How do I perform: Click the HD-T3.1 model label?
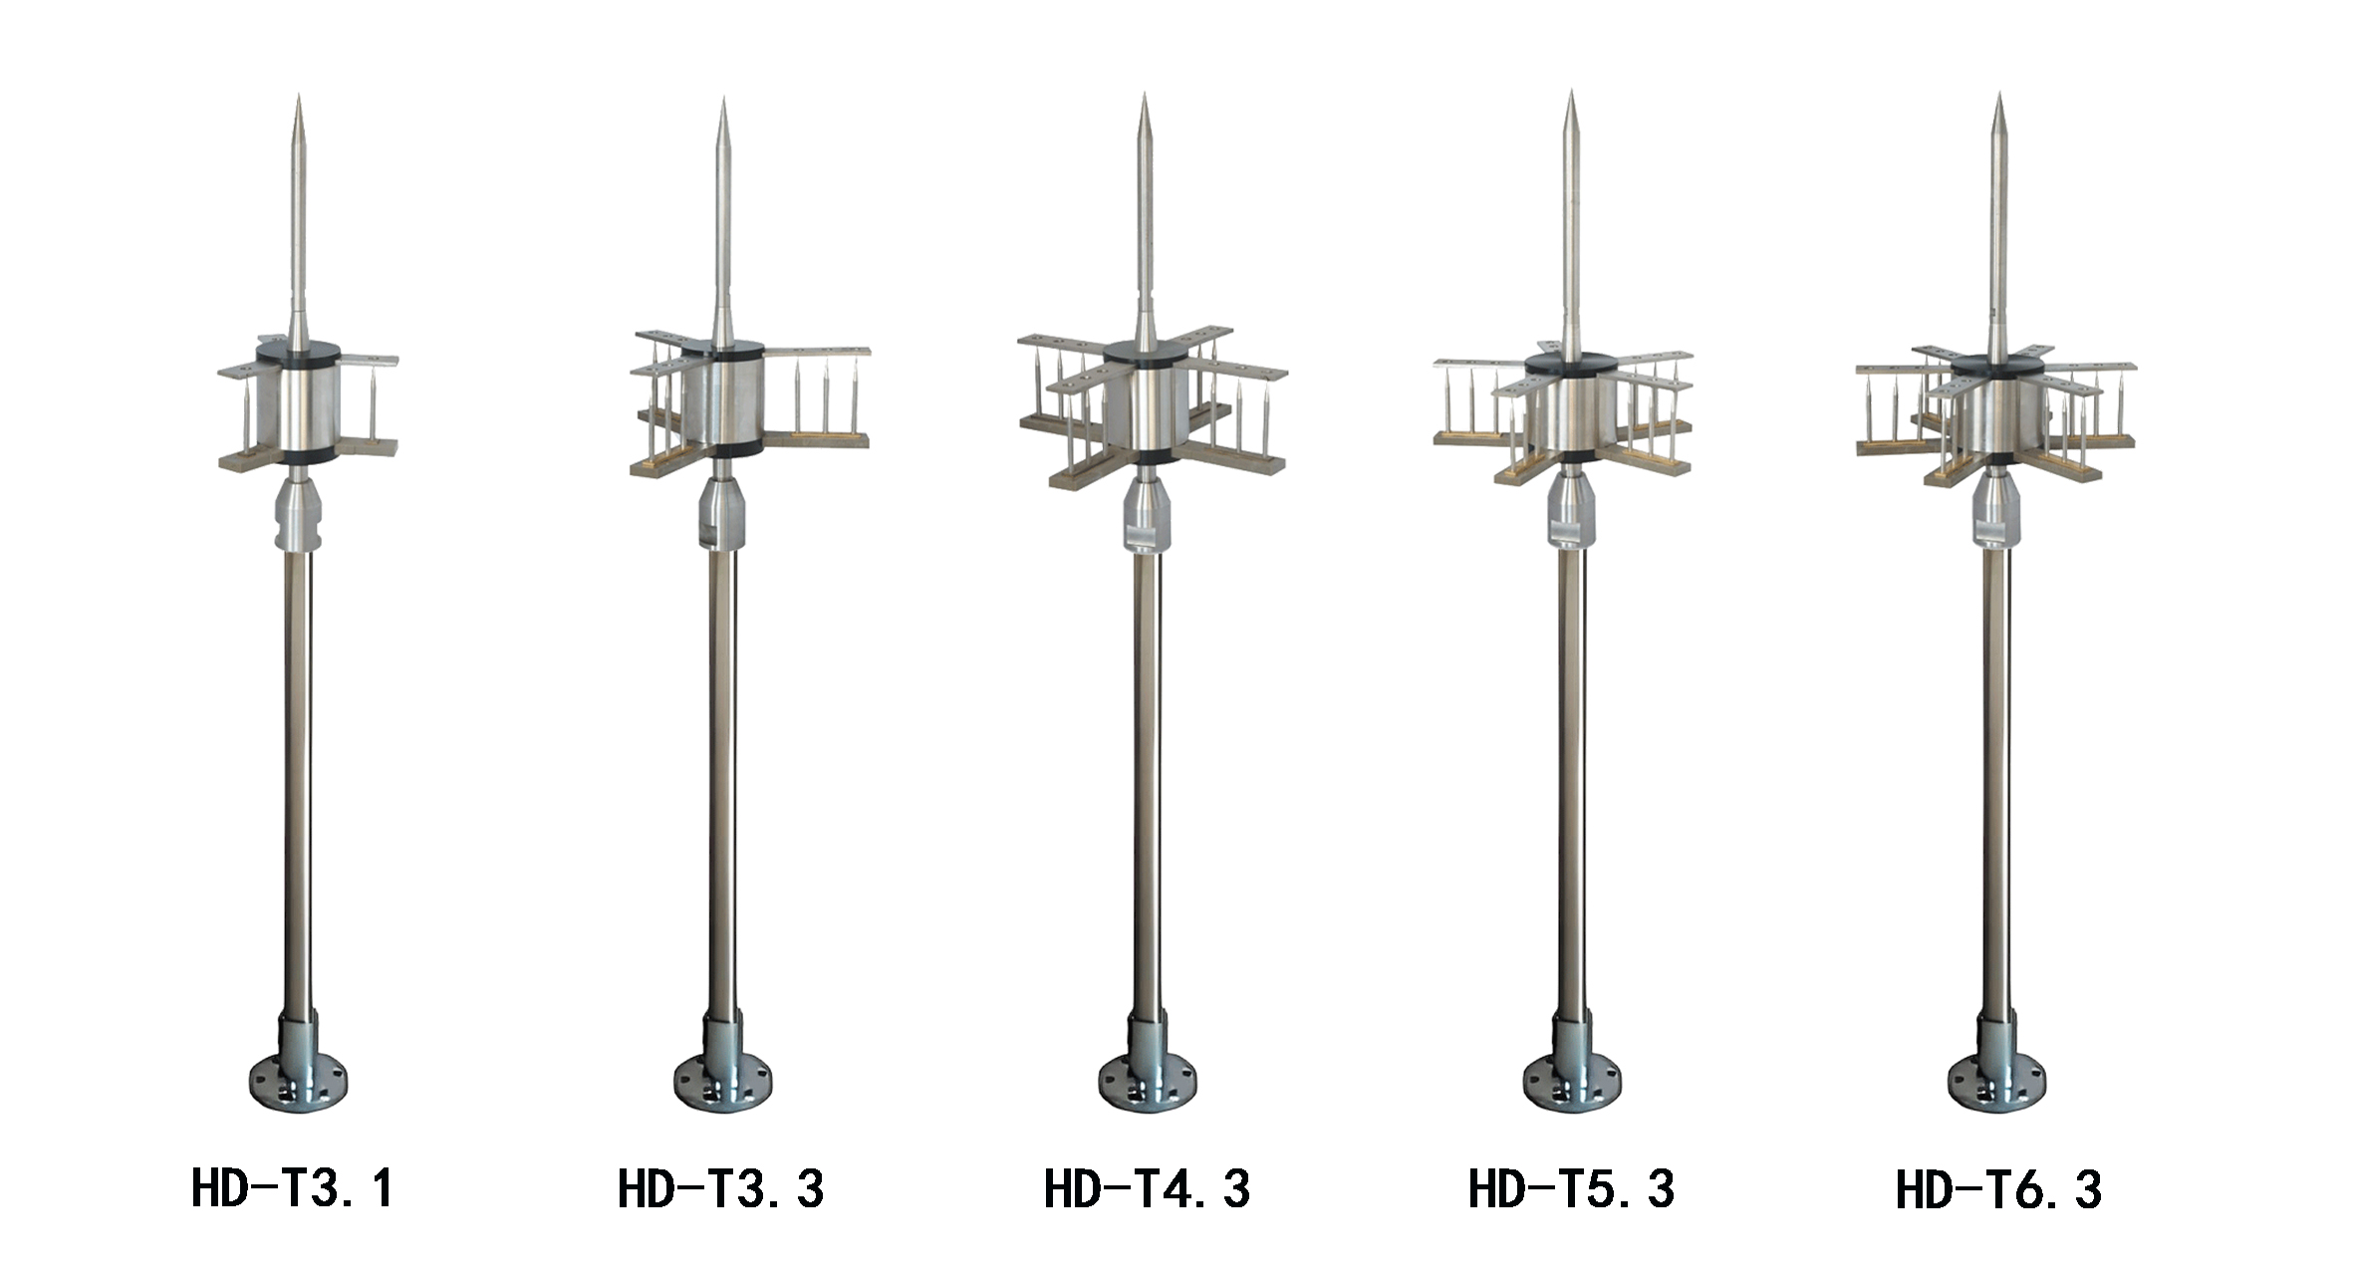(292, 1189)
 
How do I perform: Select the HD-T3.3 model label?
(720, 1189)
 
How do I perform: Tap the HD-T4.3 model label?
(1147, 1189)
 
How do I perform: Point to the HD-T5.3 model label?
(1572, 1189)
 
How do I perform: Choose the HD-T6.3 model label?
(1998, 1189)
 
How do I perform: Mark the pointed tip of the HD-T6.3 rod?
(1998, 96)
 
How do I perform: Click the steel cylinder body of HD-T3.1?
(298, 406)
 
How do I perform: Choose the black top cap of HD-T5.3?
(1571, 366)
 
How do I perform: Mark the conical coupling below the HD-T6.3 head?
(1997, 504)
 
